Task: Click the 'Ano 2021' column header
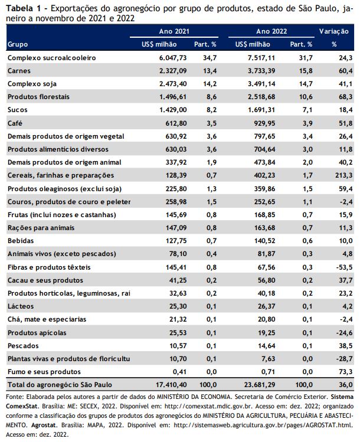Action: click(174, 31)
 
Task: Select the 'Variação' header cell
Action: click(334, 31)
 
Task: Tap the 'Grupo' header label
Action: click(18, 44)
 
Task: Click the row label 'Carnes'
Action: click(19, 71)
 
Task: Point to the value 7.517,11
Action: click(261, 58)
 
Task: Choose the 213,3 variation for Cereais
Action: click(343, 175)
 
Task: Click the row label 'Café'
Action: click(15, 123)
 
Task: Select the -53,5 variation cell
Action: click(344, 267)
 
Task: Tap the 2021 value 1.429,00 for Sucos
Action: click(173, 110)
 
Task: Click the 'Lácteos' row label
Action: click(21, 306)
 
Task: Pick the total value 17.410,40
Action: click(171, 385)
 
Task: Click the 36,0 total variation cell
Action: click(346, 385)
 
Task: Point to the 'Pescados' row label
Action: click(23, 346)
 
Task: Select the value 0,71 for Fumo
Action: click(268, 372)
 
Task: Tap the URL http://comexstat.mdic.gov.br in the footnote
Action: click(210, 406)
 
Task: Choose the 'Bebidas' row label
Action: click(21, 241)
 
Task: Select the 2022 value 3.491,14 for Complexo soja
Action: click(261, 84)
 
